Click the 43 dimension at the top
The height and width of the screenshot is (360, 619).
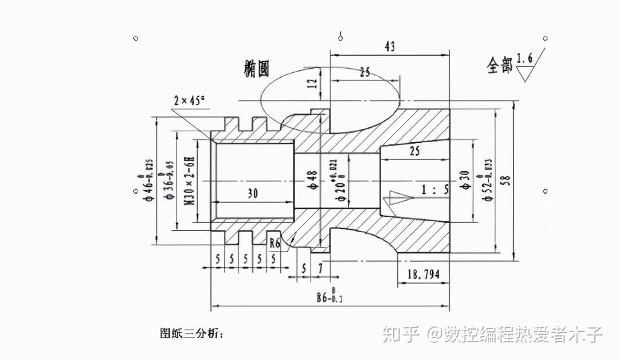(389, 47)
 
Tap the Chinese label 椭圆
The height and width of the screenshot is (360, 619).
(256, 69)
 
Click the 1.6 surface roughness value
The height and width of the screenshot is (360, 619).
(524, 58)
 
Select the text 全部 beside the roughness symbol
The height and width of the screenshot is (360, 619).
(499, 66)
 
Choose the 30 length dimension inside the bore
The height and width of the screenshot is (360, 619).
(252, 194)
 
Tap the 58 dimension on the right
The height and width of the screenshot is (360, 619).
(506, 180)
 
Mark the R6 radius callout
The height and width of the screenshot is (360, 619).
(275, 243)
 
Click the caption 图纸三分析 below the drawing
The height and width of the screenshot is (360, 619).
(192, 332)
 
